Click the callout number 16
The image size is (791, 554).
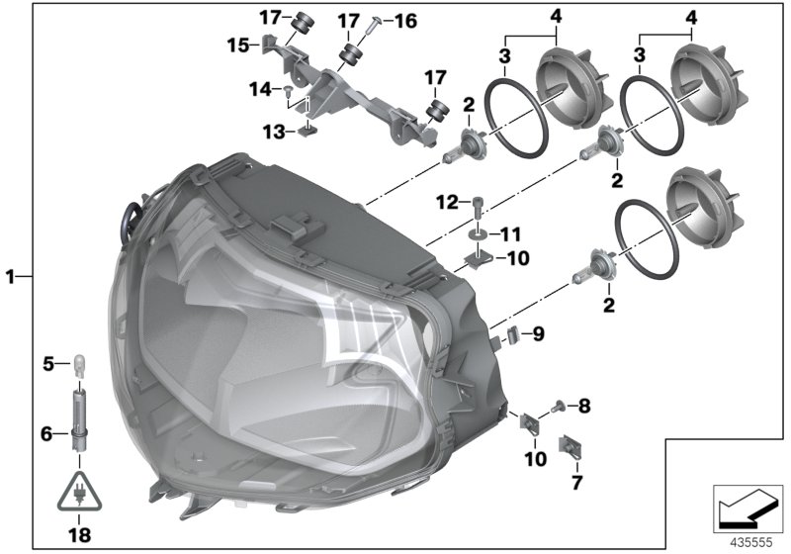[x=406, y=19]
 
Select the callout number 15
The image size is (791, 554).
[x=238, y=46]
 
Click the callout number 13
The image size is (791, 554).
[x=273, y=131]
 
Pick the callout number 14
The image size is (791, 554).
[x=260, y=88]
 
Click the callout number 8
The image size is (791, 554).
[x=584, y=405]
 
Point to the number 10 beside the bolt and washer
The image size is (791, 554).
[x=518, y=258]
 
